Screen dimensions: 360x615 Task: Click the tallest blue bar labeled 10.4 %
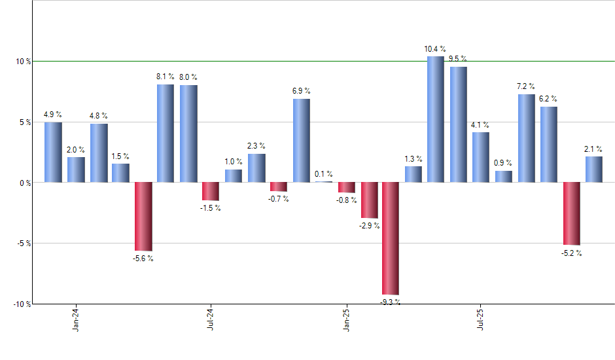pos(435,119)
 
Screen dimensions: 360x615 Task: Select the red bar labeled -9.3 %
pos(391,238)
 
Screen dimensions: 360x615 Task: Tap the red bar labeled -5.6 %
pos(143,216)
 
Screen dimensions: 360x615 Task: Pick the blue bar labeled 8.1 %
pos(166,133)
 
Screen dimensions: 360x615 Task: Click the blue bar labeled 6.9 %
pos(301,140)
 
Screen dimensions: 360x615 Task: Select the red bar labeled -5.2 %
pos(571,213)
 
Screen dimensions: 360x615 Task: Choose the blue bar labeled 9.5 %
pos(458,124)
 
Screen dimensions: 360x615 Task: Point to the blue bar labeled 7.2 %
pos(526,138)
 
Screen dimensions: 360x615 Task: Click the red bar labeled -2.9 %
pos(369,200)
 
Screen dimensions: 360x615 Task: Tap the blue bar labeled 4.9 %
pos(53,152)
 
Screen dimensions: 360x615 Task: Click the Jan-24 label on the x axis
pos(77,319)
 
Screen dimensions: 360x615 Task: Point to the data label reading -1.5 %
pos(210,208)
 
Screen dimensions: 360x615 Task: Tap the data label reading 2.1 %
pos(594,149)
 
